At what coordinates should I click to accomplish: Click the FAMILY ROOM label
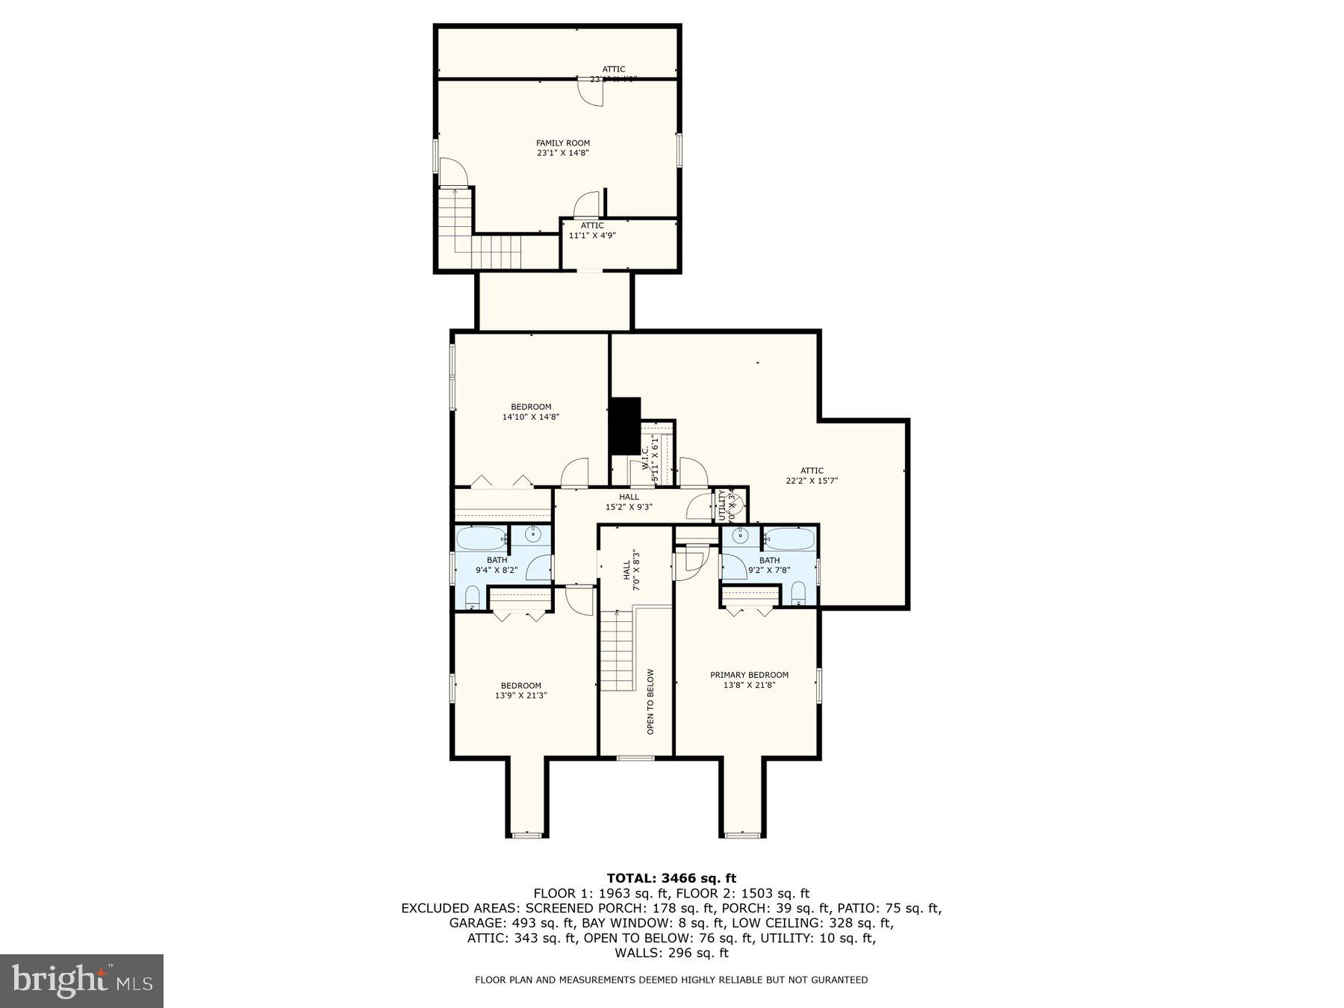(x=563, y=143)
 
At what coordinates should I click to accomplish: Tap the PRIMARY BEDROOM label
(x=749, y=675)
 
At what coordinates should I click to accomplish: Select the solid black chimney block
(x=625, y=426)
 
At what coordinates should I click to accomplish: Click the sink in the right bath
(x=740, y=535)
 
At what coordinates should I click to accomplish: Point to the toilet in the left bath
(x=472, y=597)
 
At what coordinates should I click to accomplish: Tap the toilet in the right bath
(x=797, y=594)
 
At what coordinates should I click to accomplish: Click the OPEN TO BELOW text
(x=650, y=701)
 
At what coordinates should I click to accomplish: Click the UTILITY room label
(x=722, y=505)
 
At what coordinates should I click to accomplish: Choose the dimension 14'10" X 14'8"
(x=531, y=417)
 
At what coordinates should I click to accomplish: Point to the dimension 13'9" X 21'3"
(x=520, y=695)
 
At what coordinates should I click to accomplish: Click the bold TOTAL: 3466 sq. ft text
(x=671, y=878)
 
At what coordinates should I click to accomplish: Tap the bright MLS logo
(x=81, y=980)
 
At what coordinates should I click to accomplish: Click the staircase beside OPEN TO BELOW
(x=617, y=650)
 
